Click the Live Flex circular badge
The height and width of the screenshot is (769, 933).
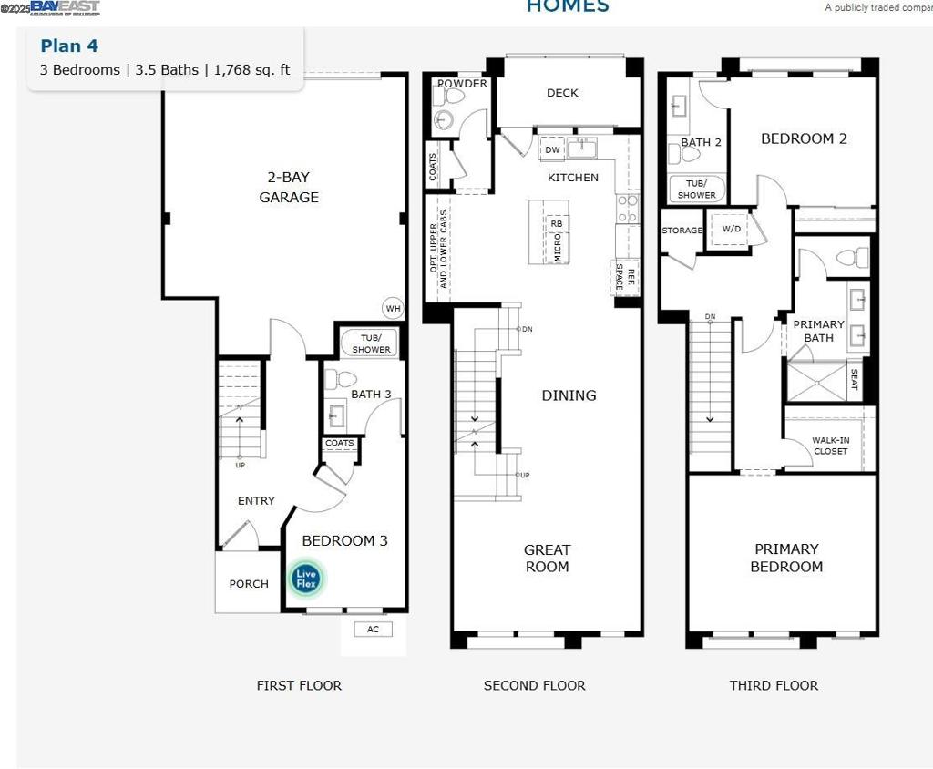(x=306, y=578)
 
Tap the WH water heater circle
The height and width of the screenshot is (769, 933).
(x=393, y=308)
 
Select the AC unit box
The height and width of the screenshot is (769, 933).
(x=373, y=630)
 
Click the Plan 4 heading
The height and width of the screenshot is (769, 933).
(x=69, y=46)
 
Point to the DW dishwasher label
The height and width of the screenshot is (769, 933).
(x=552, y=150)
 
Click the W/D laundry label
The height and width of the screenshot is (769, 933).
(x=732, y=230)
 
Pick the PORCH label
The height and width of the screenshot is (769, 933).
(x=249, y=584)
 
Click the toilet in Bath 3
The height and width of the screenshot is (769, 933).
(x=340, y=379)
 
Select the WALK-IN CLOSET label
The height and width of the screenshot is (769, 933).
(x=830, y=446)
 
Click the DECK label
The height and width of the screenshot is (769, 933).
(x=562, y=93)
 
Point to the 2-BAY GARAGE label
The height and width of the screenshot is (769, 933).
(x=288, y=188)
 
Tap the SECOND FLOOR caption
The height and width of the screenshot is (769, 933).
(x=534, y=685)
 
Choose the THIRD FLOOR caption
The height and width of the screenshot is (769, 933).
(x=774, y=685)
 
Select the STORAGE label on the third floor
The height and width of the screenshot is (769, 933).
(x=682, y=231)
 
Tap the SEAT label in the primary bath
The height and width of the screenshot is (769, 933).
(x=854, y=379)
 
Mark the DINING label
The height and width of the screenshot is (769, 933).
(x=569, y=395)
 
